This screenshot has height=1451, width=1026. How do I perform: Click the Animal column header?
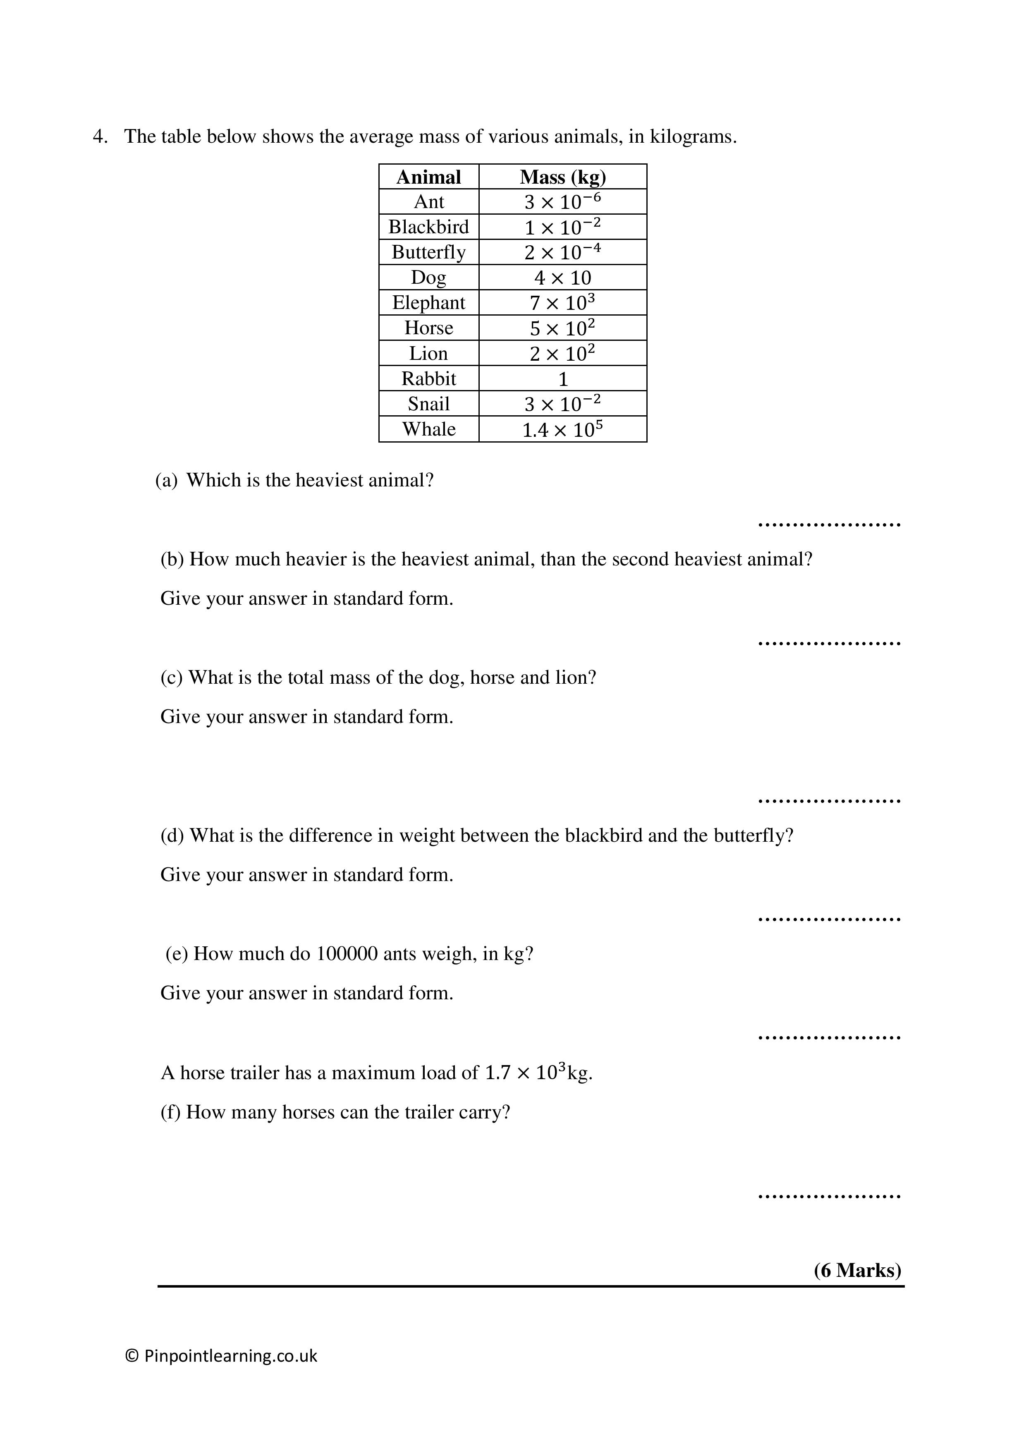tap(428, 177)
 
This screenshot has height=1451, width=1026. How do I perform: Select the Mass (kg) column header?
tap(562, 177)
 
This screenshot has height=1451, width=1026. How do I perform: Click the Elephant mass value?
tap(562, 303)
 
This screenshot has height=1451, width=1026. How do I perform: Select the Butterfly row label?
tap(428, 252)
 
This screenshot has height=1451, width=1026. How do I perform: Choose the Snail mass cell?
tap(562, 404)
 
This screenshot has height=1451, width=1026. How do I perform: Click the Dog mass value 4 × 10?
tap(562, 278)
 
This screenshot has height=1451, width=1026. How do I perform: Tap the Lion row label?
tap(428, 353)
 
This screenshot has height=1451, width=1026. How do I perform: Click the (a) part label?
tap(166, 480)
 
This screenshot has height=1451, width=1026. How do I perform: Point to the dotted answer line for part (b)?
tap(829, 643)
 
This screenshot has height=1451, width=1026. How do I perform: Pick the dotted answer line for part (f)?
tap(829, 1196)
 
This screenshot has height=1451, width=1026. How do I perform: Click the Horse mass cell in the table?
tap(562, 328)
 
